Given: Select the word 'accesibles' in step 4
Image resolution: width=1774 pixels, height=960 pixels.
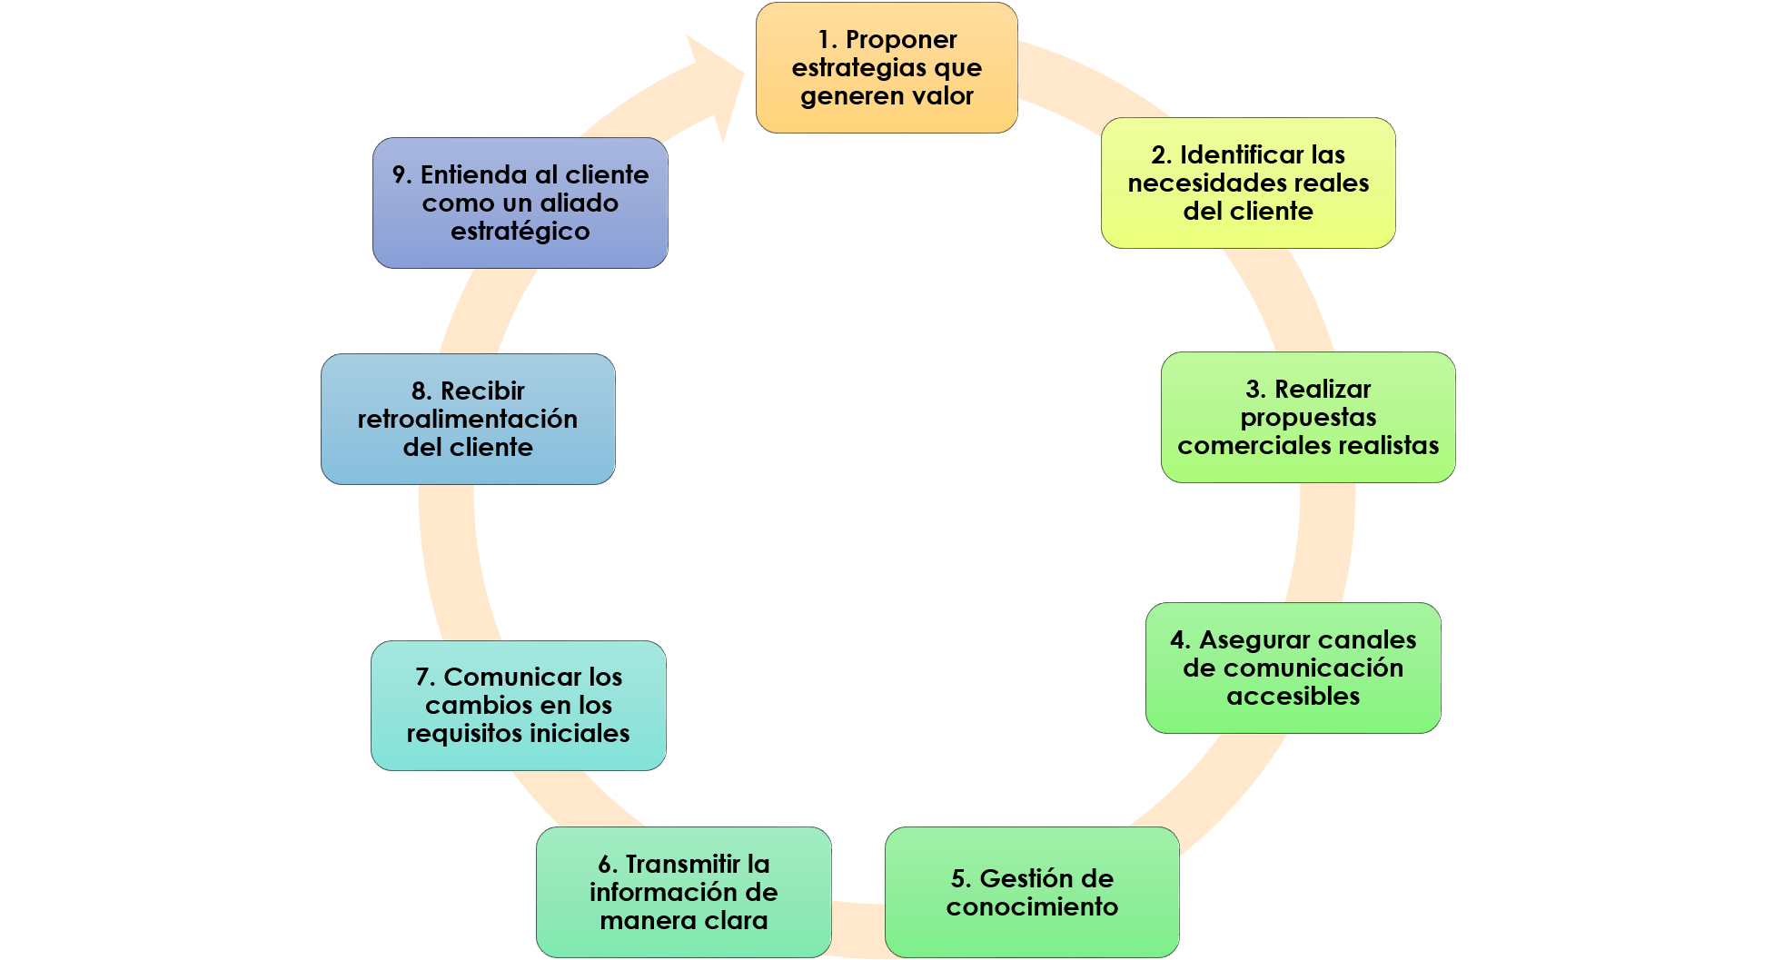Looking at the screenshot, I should point(1293,696).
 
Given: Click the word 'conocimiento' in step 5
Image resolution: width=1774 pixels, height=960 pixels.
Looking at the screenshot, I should point(1032,906).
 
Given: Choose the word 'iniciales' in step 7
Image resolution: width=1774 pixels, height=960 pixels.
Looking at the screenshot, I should point(580,733).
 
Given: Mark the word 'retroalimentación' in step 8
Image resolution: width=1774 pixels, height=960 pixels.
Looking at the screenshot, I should point(467,419).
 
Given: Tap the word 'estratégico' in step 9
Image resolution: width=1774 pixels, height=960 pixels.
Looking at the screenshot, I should point(520,231).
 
